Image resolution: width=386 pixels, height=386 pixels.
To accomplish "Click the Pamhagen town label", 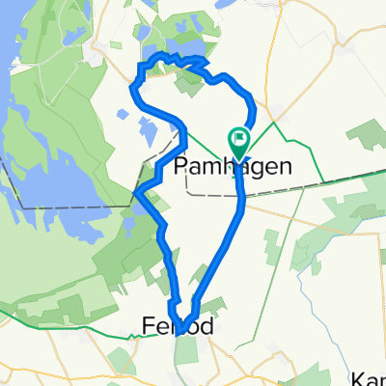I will pyautogui.click(x=234, y=166).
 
